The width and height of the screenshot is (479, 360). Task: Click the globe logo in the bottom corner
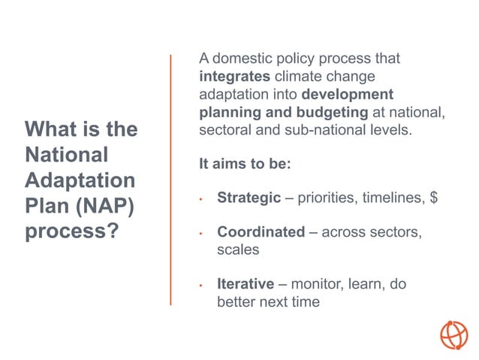453,334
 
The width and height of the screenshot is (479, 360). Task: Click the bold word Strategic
247,198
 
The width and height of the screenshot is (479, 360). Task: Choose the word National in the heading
67,155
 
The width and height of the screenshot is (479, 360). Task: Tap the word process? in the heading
72,231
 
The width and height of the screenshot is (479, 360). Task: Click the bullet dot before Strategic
201,200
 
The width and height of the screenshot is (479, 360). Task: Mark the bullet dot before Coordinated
201,234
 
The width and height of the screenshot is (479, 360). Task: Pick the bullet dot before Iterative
201,286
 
